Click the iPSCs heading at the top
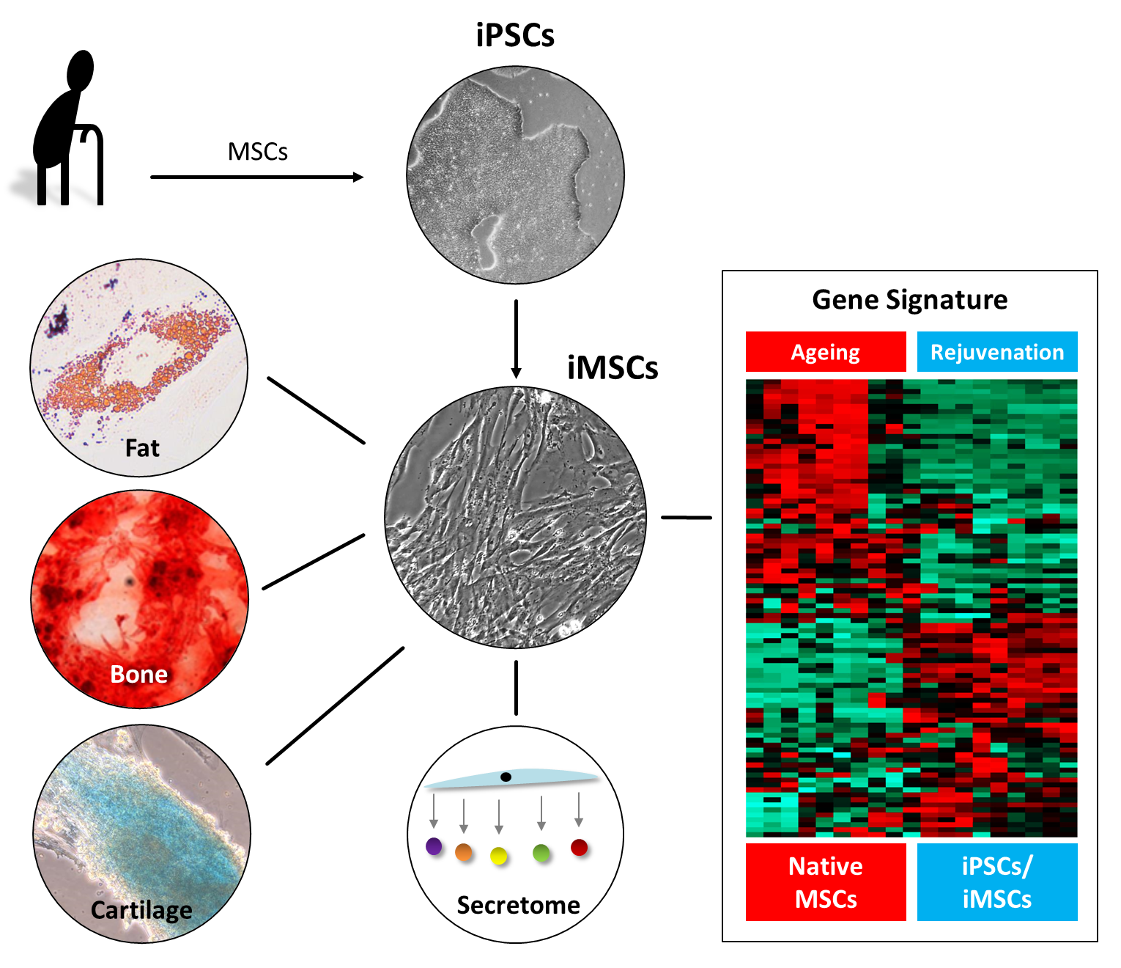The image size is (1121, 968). click(x=515, y=35)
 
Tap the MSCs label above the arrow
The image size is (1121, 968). click(x=257, y=152)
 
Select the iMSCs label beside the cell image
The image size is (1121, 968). click(x=613, y=367)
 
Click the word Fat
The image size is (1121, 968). click(x=142, y=448)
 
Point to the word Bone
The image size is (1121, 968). click(x=138, y=674)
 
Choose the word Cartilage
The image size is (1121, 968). click(x=141, y=910)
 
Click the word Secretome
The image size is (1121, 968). click(x=518, y=905)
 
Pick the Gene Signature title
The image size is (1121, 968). click(x=909, y=300)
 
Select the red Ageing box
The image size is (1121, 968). click(x=826, y=352)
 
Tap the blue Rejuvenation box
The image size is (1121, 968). click(x=997, y=352)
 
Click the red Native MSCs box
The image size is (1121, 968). click(x=826, y=882)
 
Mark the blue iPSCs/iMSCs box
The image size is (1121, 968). click(x=997, y=882)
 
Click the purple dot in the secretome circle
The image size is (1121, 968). click(x=434, y=846)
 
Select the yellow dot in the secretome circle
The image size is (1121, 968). click(x=499, y=855)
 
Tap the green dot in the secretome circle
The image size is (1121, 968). click(x=541, y=852)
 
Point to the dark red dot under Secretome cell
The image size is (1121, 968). click(x=579, y=848)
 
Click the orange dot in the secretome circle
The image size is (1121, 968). click(x=464, y=852)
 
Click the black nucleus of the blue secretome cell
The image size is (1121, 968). click(x=506, y=777)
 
